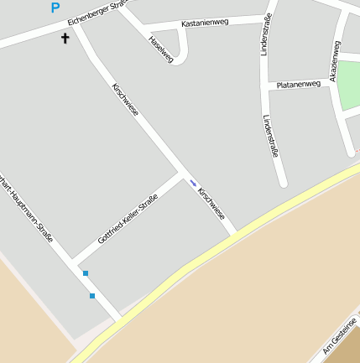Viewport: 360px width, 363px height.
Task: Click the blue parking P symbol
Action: (x=55, y=8)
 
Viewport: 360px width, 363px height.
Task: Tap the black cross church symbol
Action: (x=65, y=39)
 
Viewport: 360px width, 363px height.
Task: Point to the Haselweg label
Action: (x=160, y=49)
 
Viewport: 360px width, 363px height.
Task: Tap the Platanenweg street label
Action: (x=299, y=84)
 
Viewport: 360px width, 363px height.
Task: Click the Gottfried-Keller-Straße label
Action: (x=128, y=219)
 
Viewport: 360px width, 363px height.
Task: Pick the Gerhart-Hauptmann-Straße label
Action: (x=29, y=213)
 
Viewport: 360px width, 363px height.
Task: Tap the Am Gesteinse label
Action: (x=341, y=334)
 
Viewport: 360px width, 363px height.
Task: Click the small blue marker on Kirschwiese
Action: (x=193, y=183)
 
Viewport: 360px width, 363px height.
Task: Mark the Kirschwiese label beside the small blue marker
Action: (x=211, y=204)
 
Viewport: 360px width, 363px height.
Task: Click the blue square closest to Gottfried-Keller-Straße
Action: (x=85, y=273)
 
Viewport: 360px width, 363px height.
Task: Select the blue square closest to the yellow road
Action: (x=92, y=296)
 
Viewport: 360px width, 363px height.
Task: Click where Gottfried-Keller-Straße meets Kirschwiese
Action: (x=181, y=175)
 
